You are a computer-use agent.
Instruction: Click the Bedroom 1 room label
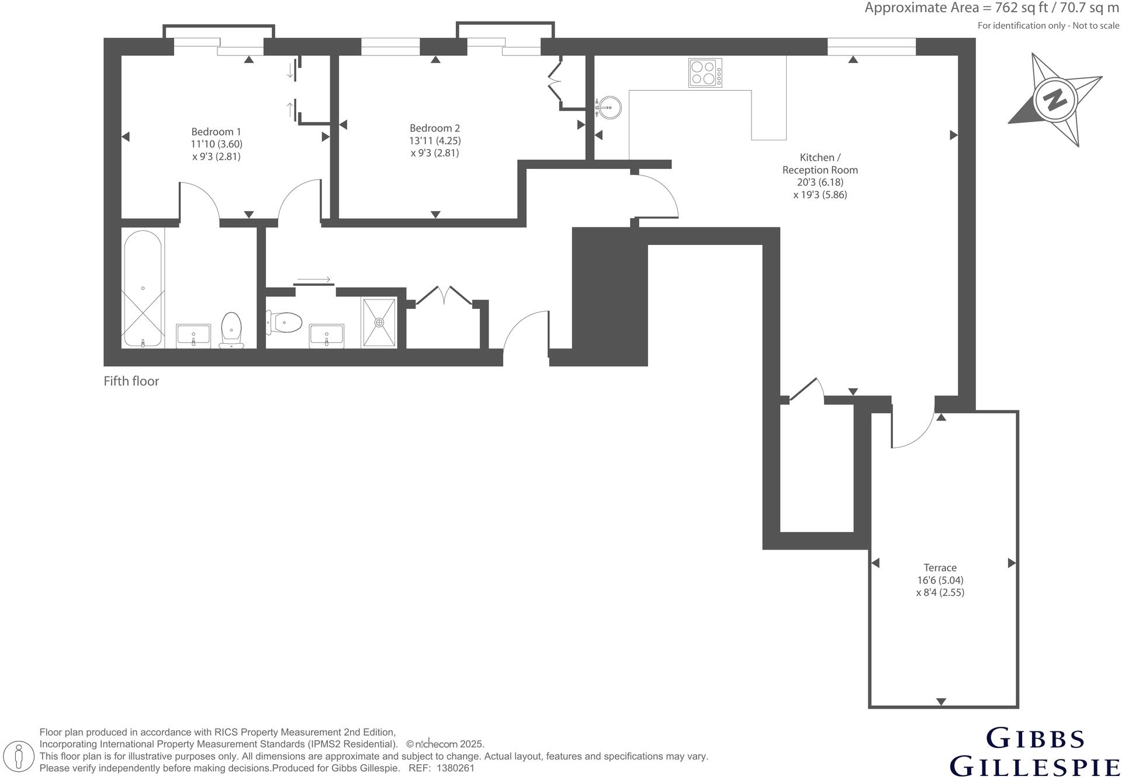click(x=216, y=132)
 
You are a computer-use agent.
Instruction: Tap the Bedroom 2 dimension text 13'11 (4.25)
click(x=435, y=141)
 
